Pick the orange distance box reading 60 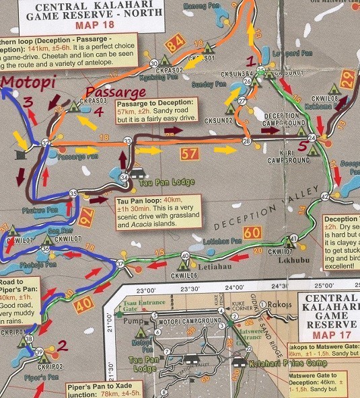(252, 233)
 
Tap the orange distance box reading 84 (174, 45)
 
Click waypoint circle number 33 (127, 141)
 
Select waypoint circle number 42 (324, 196)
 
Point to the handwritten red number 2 (61, 346)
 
